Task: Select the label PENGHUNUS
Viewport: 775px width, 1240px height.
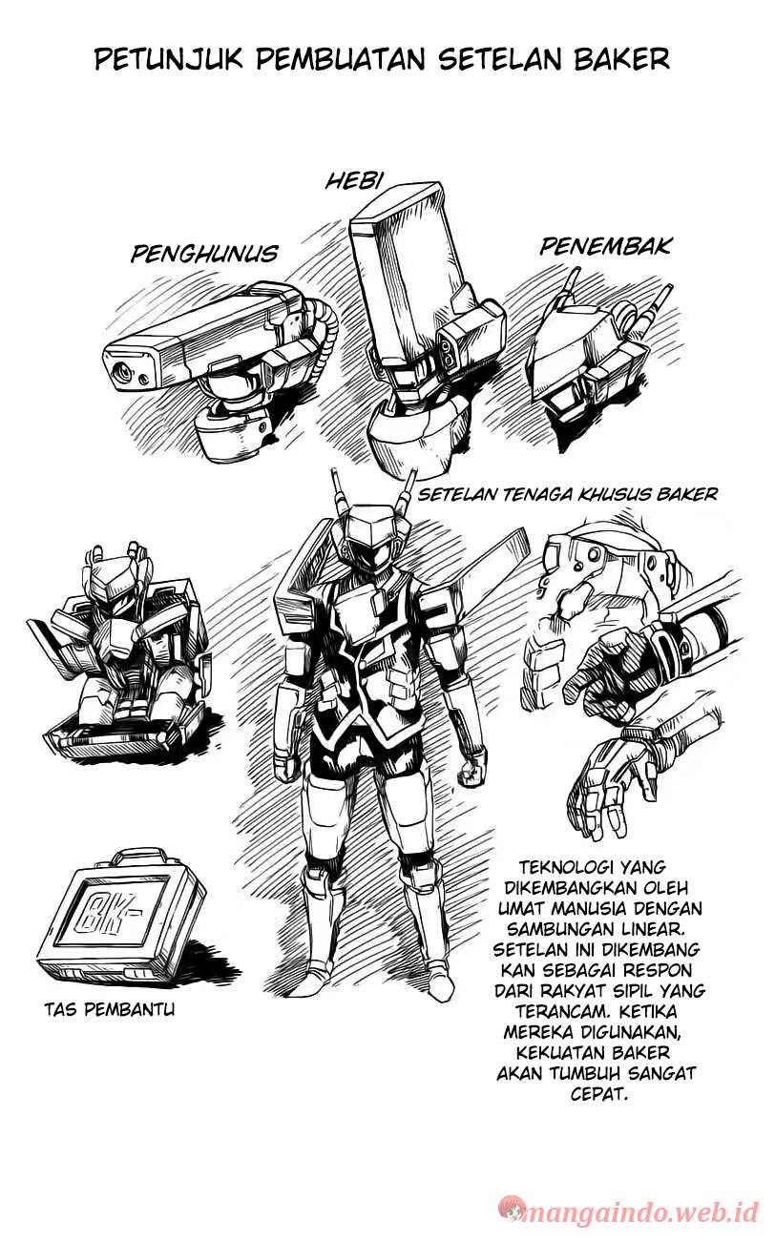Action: [x=204, y=253]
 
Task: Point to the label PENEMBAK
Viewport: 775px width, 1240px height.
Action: [x=605, y=247]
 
